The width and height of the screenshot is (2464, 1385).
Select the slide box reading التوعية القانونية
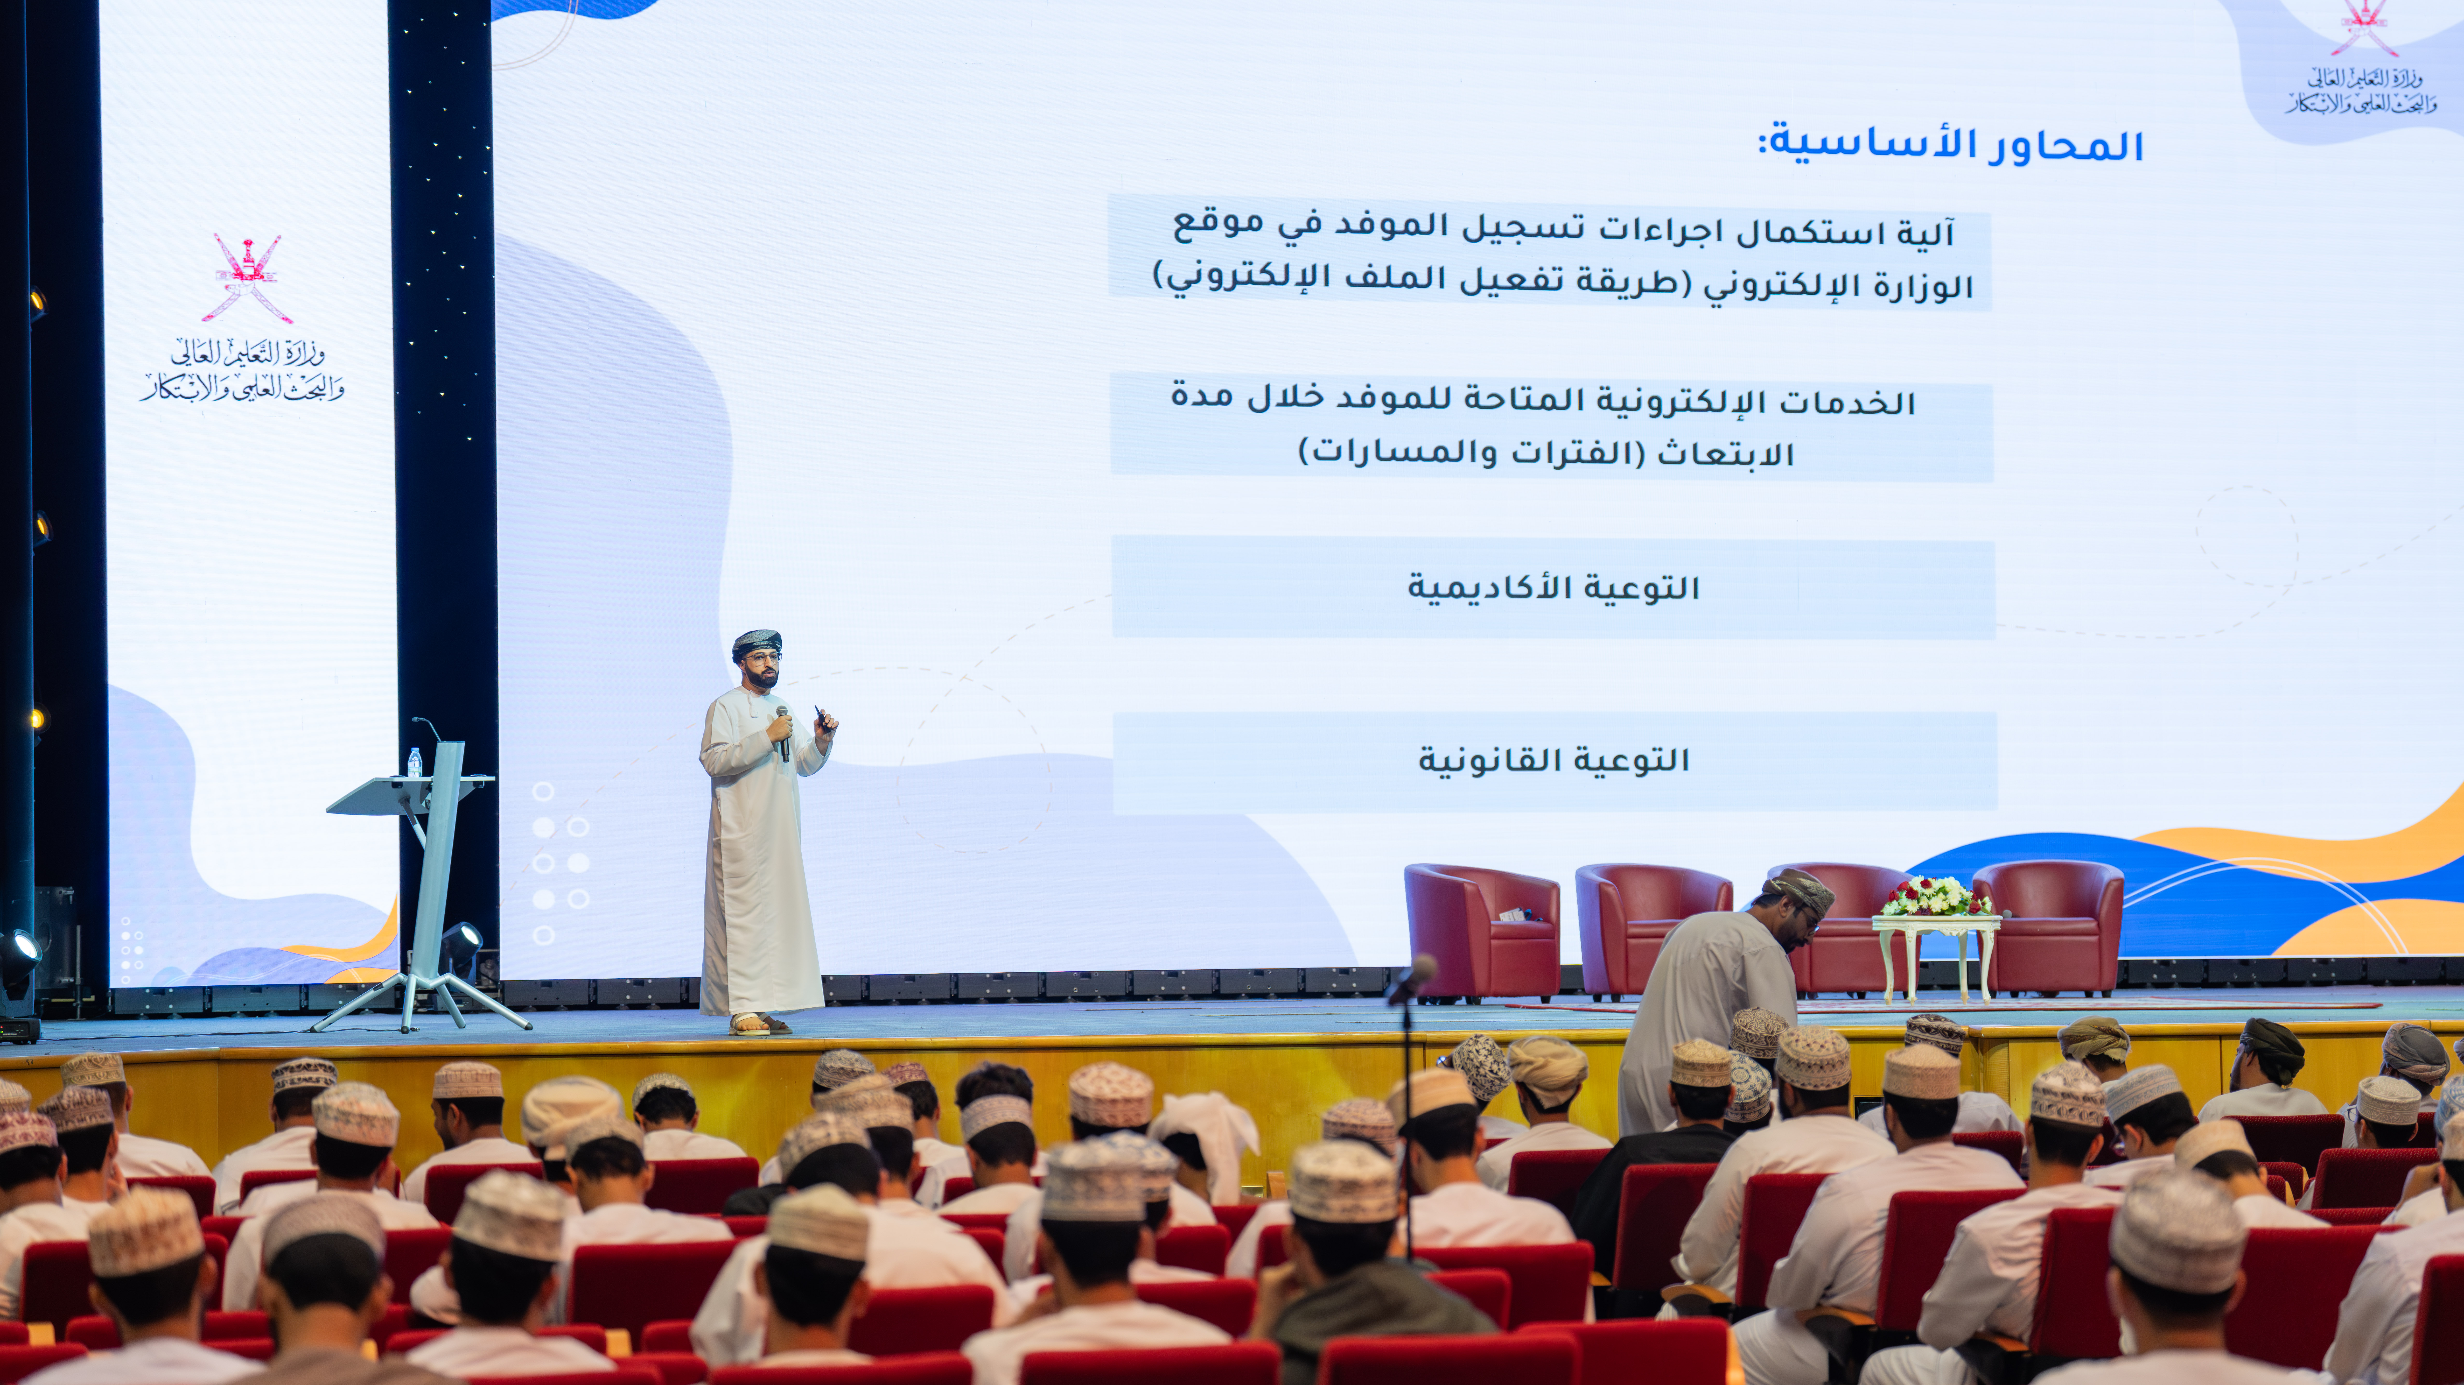(1554, 761)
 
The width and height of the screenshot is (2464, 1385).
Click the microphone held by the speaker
(783, 732)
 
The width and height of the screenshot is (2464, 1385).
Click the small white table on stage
(1936, 957)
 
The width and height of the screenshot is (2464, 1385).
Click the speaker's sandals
(759, 1024)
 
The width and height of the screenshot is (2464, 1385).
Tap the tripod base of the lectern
(421, 1000)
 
